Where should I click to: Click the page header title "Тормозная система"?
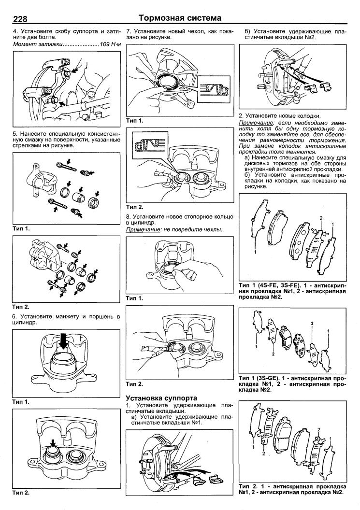[180, 18]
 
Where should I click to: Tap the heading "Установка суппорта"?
[161, 398]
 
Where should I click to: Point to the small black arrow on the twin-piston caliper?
[52, 443]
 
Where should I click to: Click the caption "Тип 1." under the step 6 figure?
[21, 402]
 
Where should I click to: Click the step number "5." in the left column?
[15, 134]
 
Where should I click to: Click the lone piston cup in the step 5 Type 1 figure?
[78, 198]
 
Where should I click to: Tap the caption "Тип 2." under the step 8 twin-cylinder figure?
[134, 384]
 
